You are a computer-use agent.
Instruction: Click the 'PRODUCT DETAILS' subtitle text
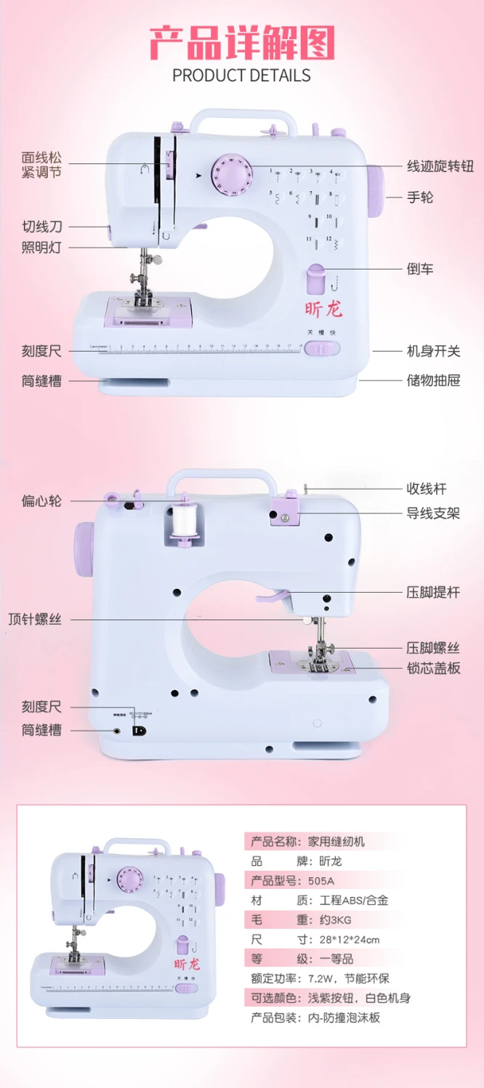(x=241, y=76)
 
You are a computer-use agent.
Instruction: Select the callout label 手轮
(x=420, y=197)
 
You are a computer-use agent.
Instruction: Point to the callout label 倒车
(x=420, y=269)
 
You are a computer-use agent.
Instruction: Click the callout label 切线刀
(x=41, y=227)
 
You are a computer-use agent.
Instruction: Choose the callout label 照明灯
(x=41, y=248)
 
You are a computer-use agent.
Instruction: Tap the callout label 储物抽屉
(x=433, y=380)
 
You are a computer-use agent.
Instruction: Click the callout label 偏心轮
(x=41, y=501)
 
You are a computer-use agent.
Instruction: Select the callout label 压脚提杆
(x=433, y=592)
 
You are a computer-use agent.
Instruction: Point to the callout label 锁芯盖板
(x=433, y=668)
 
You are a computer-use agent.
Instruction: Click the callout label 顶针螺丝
(x=35, y=620)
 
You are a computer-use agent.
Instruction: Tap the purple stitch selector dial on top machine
(x=230, y=174)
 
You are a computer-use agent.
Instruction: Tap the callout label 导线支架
(x=433, y=514)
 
